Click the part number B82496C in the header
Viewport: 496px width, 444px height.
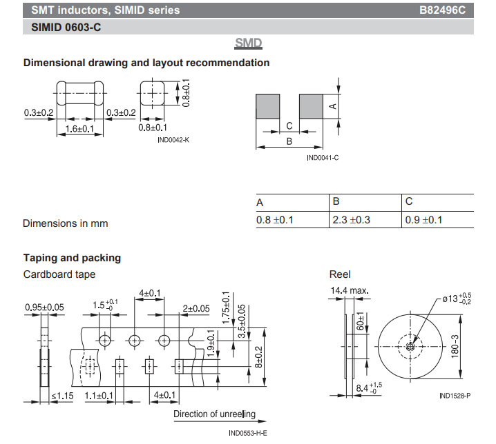[442, 10]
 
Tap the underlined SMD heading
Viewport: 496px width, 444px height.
[248, 43]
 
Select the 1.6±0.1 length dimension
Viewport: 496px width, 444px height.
[79, 129]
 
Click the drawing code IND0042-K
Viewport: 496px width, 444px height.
[173, 140]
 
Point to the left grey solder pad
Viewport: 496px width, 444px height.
[267, 106]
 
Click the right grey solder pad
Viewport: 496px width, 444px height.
[311, 106]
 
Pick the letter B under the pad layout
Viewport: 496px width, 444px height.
[289, 141]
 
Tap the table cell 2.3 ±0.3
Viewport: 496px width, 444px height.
[351, 220]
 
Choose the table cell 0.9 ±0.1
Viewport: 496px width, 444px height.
[423, 220]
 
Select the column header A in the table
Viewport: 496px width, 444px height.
[260, 203]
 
